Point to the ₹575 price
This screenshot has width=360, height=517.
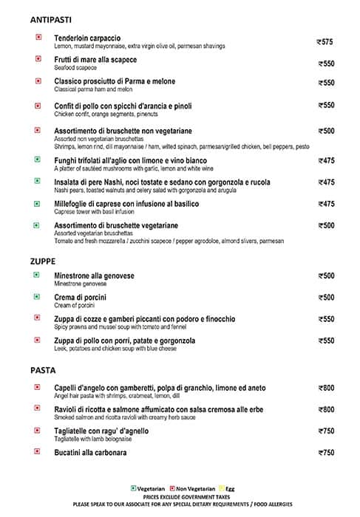click(x=325, y=42)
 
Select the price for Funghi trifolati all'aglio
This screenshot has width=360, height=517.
click(x=325, y=160)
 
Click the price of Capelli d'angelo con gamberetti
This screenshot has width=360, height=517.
click(x=325, y=388)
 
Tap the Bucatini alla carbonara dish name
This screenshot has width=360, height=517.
click(x=90, y=451)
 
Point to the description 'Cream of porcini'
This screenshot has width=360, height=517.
click(x=75, y=304)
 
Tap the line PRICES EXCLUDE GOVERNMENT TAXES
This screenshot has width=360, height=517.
click(x=179, y=496)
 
